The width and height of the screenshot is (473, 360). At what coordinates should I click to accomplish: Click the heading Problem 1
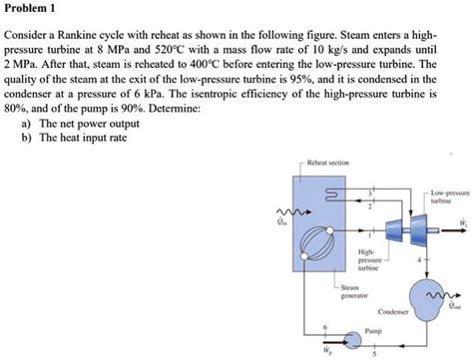tap(30, 8)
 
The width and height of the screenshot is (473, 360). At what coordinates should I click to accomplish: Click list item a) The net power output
tap(80, 124)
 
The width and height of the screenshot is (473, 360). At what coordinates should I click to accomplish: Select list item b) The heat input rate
tap(74, 138)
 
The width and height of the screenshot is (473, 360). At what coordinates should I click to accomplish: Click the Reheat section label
tap(328, 163)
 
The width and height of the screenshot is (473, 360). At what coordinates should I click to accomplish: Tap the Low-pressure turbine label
tap(450, 196)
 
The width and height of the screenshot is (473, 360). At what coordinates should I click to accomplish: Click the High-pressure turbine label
tap(368, 259)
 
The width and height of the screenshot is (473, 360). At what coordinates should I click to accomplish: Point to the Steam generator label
tap(354, 291)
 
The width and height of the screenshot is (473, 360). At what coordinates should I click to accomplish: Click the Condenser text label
tap(393, 312)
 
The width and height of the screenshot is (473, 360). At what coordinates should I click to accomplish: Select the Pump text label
tap(373, 331)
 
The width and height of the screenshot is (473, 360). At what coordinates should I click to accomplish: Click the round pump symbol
tap(353, 340)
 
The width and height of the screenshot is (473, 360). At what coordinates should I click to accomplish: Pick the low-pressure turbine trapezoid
tap(419, 229)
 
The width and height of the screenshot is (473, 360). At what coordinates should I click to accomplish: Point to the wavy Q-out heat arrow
tap(444, 295)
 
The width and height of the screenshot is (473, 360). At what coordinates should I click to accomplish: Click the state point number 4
tap(419, 259)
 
